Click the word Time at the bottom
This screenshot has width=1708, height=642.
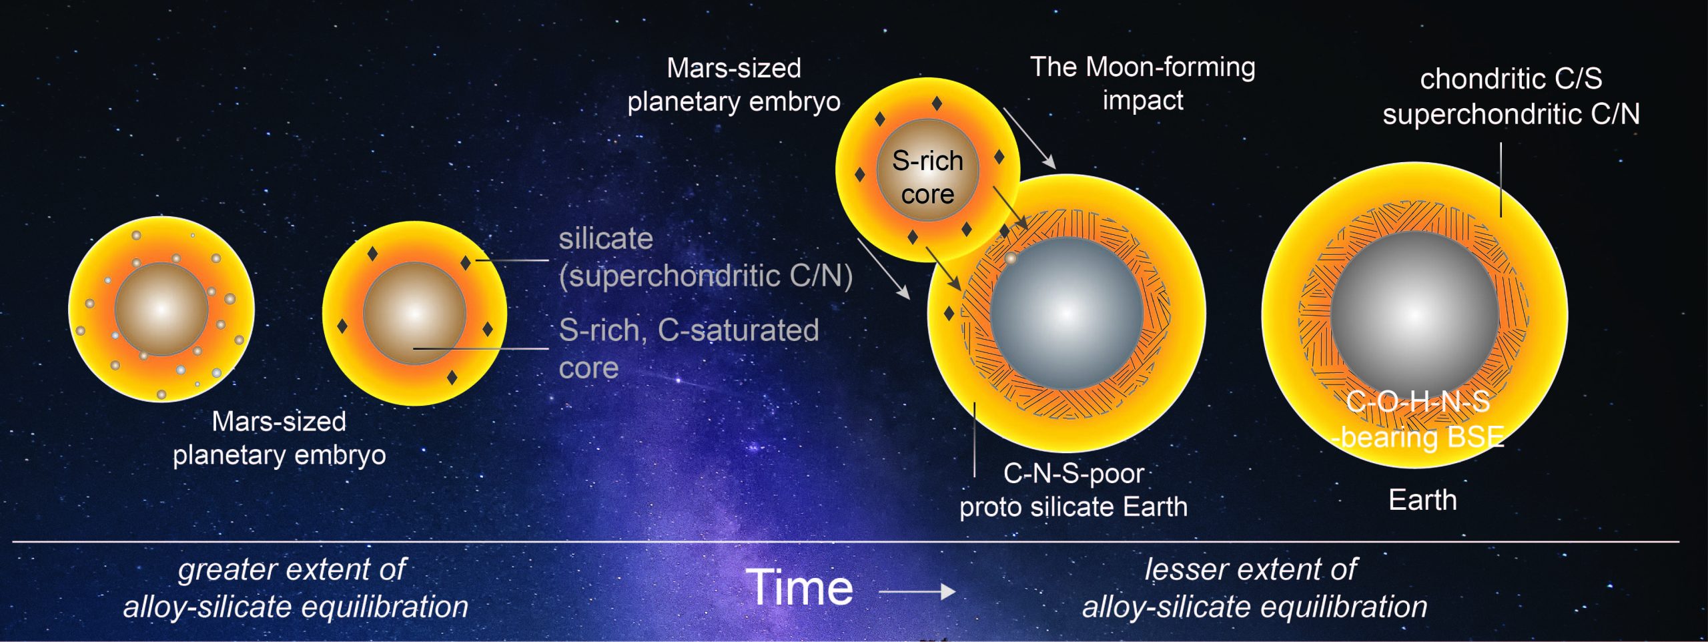coord(799,587)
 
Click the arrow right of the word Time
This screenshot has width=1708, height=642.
coord(917,591)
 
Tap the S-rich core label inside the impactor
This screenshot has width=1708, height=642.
coord(927,177)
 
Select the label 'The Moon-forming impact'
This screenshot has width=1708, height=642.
coord(1142,83)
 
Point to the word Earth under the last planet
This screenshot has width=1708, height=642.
coord(1422,500)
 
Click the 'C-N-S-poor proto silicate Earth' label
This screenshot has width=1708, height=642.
coord(1074,490)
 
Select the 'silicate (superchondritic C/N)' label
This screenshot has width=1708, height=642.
coord(705,258)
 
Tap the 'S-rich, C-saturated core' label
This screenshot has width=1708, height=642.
coord(688,348)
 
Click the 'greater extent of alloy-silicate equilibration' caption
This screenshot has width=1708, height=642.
coord(295,588)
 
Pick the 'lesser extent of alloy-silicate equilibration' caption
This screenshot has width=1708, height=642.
coord(1254,588)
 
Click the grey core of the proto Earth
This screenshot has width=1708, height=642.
coord(1066,312)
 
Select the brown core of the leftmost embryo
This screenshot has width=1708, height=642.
coord(161,309)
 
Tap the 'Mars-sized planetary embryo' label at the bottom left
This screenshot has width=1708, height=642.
coord(279,438)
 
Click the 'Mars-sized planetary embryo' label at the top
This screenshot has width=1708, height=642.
coord(733,85)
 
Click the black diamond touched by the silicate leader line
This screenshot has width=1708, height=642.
coord(466,263)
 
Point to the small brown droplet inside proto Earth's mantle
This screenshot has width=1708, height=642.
coord(1011,258)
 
